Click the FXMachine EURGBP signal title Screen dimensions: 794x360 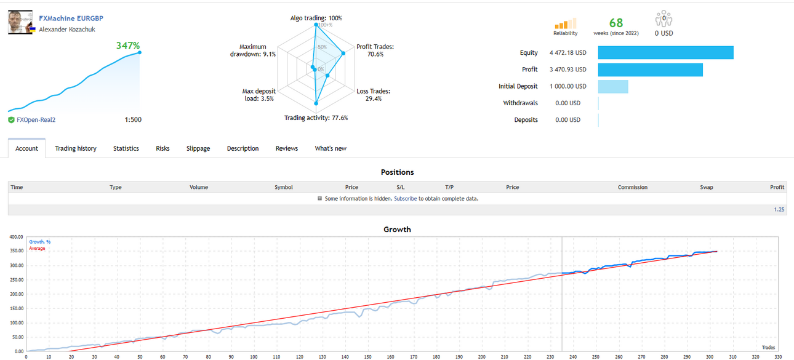point(71,18)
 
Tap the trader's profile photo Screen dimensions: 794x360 point(20,22)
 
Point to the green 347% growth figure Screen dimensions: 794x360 point(128,46)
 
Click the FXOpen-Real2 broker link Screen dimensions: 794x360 point(36,120)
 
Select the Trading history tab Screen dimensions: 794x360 point(76,148)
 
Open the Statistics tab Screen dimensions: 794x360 point(126,148)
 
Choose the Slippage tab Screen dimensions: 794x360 point(198,148)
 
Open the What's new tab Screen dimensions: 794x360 point(331,148)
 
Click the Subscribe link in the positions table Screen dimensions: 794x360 point(405,199)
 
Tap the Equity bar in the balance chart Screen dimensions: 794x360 point(666,52)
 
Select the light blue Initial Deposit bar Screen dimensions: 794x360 point(613,86)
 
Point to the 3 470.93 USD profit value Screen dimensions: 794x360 point(568,70)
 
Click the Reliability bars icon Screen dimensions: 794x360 point(566,23)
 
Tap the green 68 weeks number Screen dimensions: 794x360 point(616,23)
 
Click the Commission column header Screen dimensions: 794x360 point(632,187)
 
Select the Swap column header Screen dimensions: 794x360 point(707,187)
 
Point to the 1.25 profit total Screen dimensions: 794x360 point(779,209)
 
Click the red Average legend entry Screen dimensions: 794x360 point(37,249)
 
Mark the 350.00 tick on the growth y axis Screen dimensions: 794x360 point(16,251)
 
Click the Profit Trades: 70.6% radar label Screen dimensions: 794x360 point(375,50)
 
